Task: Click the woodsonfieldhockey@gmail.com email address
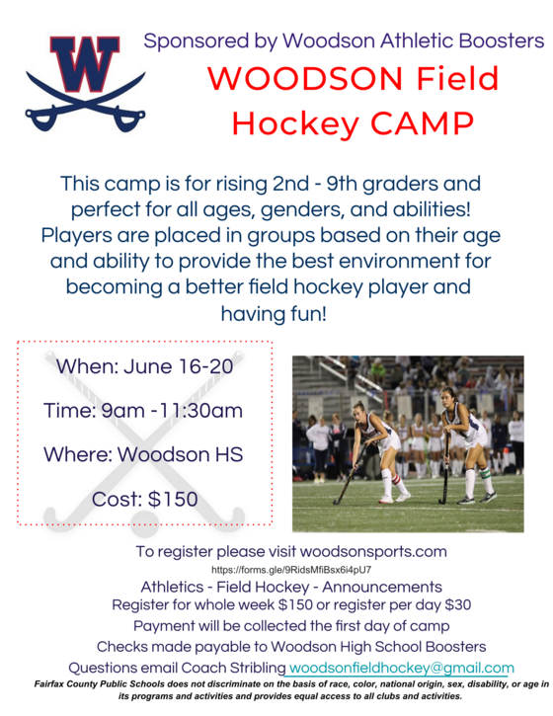401,668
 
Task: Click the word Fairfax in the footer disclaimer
56,683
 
